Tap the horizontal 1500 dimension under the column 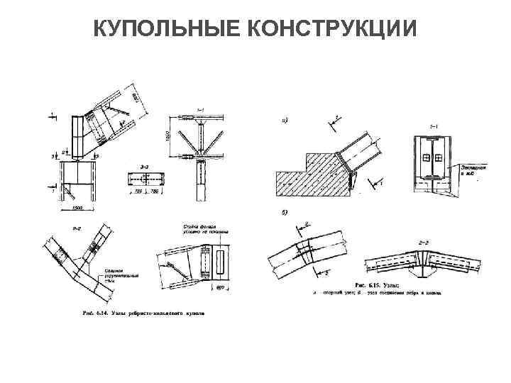pyautogui.click(x=76, y=207)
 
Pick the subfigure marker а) pyautogui.click(x=285, y=120)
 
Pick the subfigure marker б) pyautogui.click(x=285, y=213)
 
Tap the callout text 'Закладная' pyautogui.click(x=471, y=167)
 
